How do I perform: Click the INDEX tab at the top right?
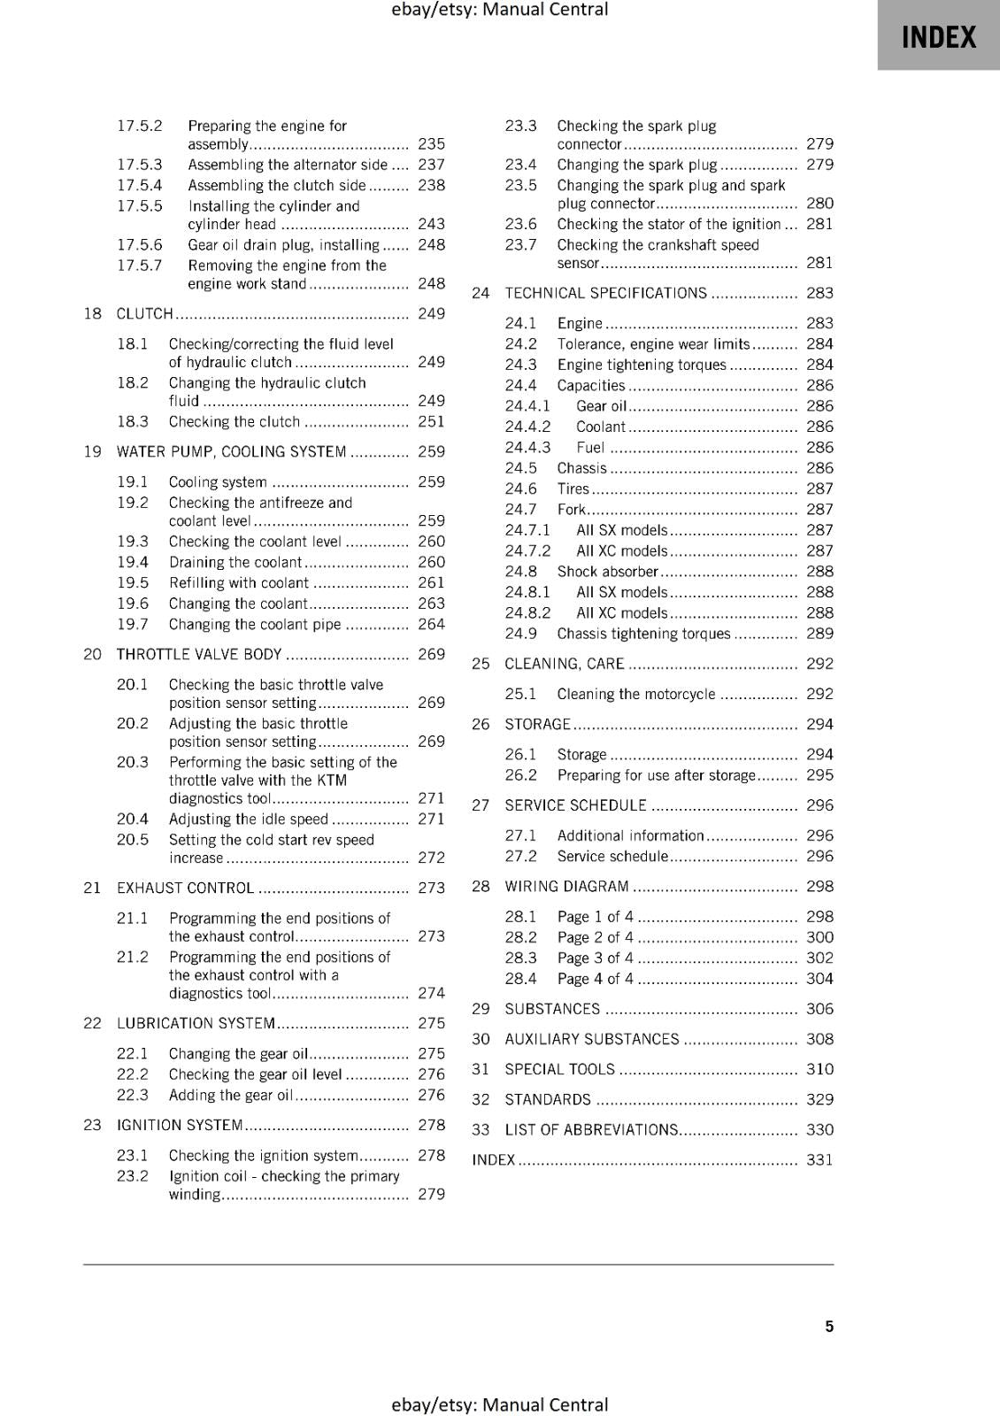pos(938,37)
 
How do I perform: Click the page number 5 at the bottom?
pos(829,1326)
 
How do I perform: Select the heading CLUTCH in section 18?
pos(145,313)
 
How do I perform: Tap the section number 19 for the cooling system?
pos(92,451)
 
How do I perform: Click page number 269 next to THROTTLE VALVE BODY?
pos(431,654)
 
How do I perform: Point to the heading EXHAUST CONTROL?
pos(185,888)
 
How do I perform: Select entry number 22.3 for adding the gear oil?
pos(133,1095)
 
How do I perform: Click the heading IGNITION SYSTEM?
pos(180,1125)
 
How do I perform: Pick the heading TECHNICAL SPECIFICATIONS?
pos(605,293)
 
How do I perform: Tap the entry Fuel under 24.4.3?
pos(590,447)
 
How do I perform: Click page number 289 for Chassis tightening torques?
pos(819,634)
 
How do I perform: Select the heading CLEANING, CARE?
pos(564,664)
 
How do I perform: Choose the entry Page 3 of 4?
pos(595,958)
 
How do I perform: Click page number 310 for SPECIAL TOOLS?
pos(819,1069)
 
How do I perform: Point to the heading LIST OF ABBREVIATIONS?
pos(590,1129)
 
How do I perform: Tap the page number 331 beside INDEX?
pos(819,1159)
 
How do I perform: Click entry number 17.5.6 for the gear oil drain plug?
pos(140,244)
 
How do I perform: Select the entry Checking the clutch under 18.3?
pos(235,421)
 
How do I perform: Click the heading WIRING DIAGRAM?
pos(566,886)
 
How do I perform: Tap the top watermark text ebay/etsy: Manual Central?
pos(499,10)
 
